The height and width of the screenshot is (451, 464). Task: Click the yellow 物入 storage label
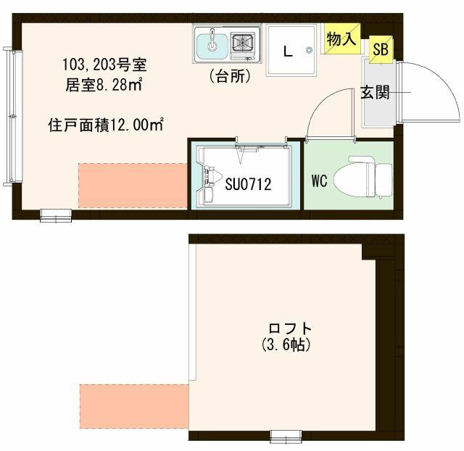pyautogui.click(x=341, y=39)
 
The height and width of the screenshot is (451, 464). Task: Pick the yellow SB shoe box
pyautogui.click(x=379, y=49)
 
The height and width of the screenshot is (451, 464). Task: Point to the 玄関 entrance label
pyautogui.click(x=376, y=93)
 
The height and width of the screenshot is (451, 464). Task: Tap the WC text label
pyautogui.click(x=320, y=181)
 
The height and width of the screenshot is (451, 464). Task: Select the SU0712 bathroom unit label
pyautogui.click(x=248, y=185)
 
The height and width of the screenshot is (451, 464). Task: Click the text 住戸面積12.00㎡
pyautogui.click(x=105, y=125)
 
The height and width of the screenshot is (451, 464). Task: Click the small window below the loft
pyautogui.click(x=286, y=436)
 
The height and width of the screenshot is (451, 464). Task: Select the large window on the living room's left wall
pyautogui.click(x=9, y=116)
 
